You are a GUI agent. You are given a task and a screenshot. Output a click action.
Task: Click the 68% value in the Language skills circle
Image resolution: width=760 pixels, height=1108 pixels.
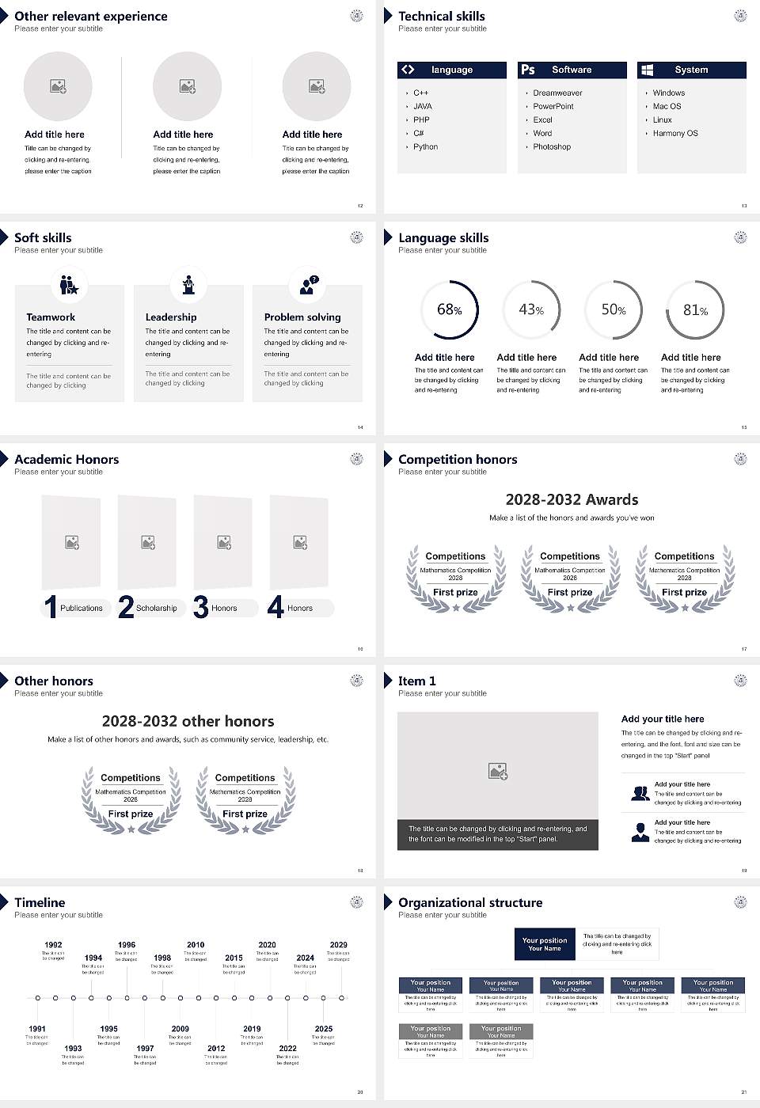coord(449,310)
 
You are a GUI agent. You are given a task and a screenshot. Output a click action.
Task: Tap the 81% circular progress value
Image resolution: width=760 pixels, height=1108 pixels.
coord(695,310)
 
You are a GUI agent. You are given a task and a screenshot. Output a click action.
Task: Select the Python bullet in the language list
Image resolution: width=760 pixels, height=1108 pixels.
coord(425,147)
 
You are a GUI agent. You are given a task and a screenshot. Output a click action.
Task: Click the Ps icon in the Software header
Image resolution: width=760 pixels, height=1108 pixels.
coord(528,70)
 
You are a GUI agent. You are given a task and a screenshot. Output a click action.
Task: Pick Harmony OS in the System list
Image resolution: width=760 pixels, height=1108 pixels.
coord(675,134)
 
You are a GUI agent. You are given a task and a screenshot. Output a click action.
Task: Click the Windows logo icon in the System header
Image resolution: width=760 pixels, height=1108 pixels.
coord(647,70)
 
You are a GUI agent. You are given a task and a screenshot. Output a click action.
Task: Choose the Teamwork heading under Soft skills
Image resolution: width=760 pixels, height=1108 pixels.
coord(51,317)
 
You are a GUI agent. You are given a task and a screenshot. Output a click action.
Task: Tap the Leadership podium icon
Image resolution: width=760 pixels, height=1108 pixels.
coord(188,284)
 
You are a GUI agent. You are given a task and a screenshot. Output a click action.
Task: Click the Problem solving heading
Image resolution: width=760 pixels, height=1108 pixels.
coord(302,317)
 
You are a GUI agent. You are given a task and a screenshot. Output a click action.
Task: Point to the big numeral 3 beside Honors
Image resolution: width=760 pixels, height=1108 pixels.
coord(200,607)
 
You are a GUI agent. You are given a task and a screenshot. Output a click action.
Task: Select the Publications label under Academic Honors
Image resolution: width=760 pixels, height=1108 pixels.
coord(82,609)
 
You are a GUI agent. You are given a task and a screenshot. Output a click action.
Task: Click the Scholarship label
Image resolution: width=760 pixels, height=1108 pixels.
coord(157,609)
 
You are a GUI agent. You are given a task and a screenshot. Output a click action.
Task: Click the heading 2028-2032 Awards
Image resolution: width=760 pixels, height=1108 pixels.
coord(572,500)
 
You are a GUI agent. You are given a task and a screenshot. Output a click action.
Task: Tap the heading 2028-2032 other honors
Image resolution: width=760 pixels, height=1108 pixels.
coord(188,722)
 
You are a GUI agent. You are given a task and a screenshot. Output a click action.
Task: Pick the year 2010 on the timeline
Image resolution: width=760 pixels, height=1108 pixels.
coord(196,945)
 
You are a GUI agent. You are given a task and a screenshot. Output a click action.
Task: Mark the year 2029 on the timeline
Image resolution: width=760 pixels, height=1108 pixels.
coord(338,945)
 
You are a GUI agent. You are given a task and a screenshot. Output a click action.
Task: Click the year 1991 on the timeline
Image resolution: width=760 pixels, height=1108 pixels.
coord(37,1030)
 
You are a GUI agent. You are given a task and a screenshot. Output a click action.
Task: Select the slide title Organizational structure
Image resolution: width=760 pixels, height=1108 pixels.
coord(470,903)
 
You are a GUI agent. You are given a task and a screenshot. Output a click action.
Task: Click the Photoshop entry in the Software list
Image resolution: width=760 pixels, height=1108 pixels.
coord(552,147)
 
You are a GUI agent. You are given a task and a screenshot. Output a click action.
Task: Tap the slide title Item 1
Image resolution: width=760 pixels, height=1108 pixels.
coord(416,681)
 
